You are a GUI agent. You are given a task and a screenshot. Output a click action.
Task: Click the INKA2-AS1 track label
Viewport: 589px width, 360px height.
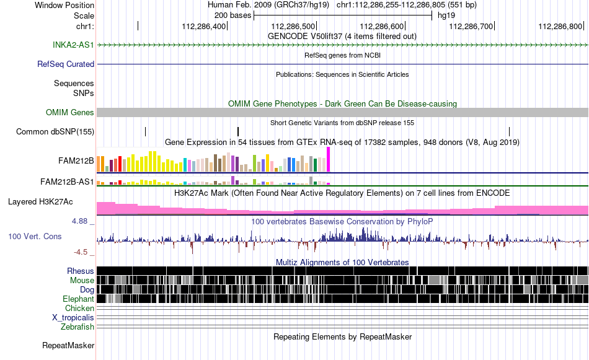point(73,45)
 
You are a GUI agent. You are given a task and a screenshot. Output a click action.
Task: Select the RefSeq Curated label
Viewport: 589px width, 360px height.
point(66,64)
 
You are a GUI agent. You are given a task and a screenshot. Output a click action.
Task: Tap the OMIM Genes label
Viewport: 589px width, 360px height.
point(70,113)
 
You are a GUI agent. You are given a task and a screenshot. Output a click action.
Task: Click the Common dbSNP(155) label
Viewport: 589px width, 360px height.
point(55,132)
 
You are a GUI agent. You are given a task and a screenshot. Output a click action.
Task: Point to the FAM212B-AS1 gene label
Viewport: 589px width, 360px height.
point(67,182)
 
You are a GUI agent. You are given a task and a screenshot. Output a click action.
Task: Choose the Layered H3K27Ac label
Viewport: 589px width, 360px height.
point(40,202)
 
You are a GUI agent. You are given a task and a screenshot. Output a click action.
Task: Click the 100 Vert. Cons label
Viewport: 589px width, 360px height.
point(35,237)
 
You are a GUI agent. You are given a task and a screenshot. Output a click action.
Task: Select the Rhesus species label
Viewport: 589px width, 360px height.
point(81,271)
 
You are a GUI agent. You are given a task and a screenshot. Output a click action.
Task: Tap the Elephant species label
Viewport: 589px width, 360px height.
point(79,299)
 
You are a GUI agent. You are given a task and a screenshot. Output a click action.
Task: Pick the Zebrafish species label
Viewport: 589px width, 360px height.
point(77,327)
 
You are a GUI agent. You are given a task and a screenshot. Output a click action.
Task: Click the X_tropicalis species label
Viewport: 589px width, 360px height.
point(73,318)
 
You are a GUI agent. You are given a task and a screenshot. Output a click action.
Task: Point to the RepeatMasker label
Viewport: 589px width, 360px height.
point(68,345)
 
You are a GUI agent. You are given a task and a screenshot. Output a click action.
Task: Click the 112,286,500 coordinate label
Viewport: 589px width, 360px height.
point(293,26)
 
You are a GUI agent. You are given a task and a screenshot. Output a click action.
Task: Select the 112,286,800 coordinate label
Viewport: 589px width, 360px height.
point(560,26)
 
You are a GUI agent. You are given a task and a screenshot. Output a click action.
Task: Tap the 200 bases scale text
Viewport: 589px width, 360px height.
point(233,15)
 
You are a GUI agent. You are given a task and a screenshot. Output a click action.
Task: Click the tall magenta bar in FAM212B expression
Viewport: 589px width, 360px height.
point(329,159)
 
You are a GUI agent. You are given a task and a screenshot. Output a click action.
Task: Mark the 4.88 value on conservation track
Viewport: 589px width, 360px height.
point(79,221)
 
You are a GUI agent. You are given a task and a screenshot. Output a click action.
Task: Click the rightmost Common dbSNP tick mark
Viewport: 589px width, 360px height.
point(510,131)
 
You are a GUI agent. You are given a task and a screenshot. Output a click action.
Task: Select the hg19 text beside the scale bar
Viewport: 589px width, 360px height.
point(446,15)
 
